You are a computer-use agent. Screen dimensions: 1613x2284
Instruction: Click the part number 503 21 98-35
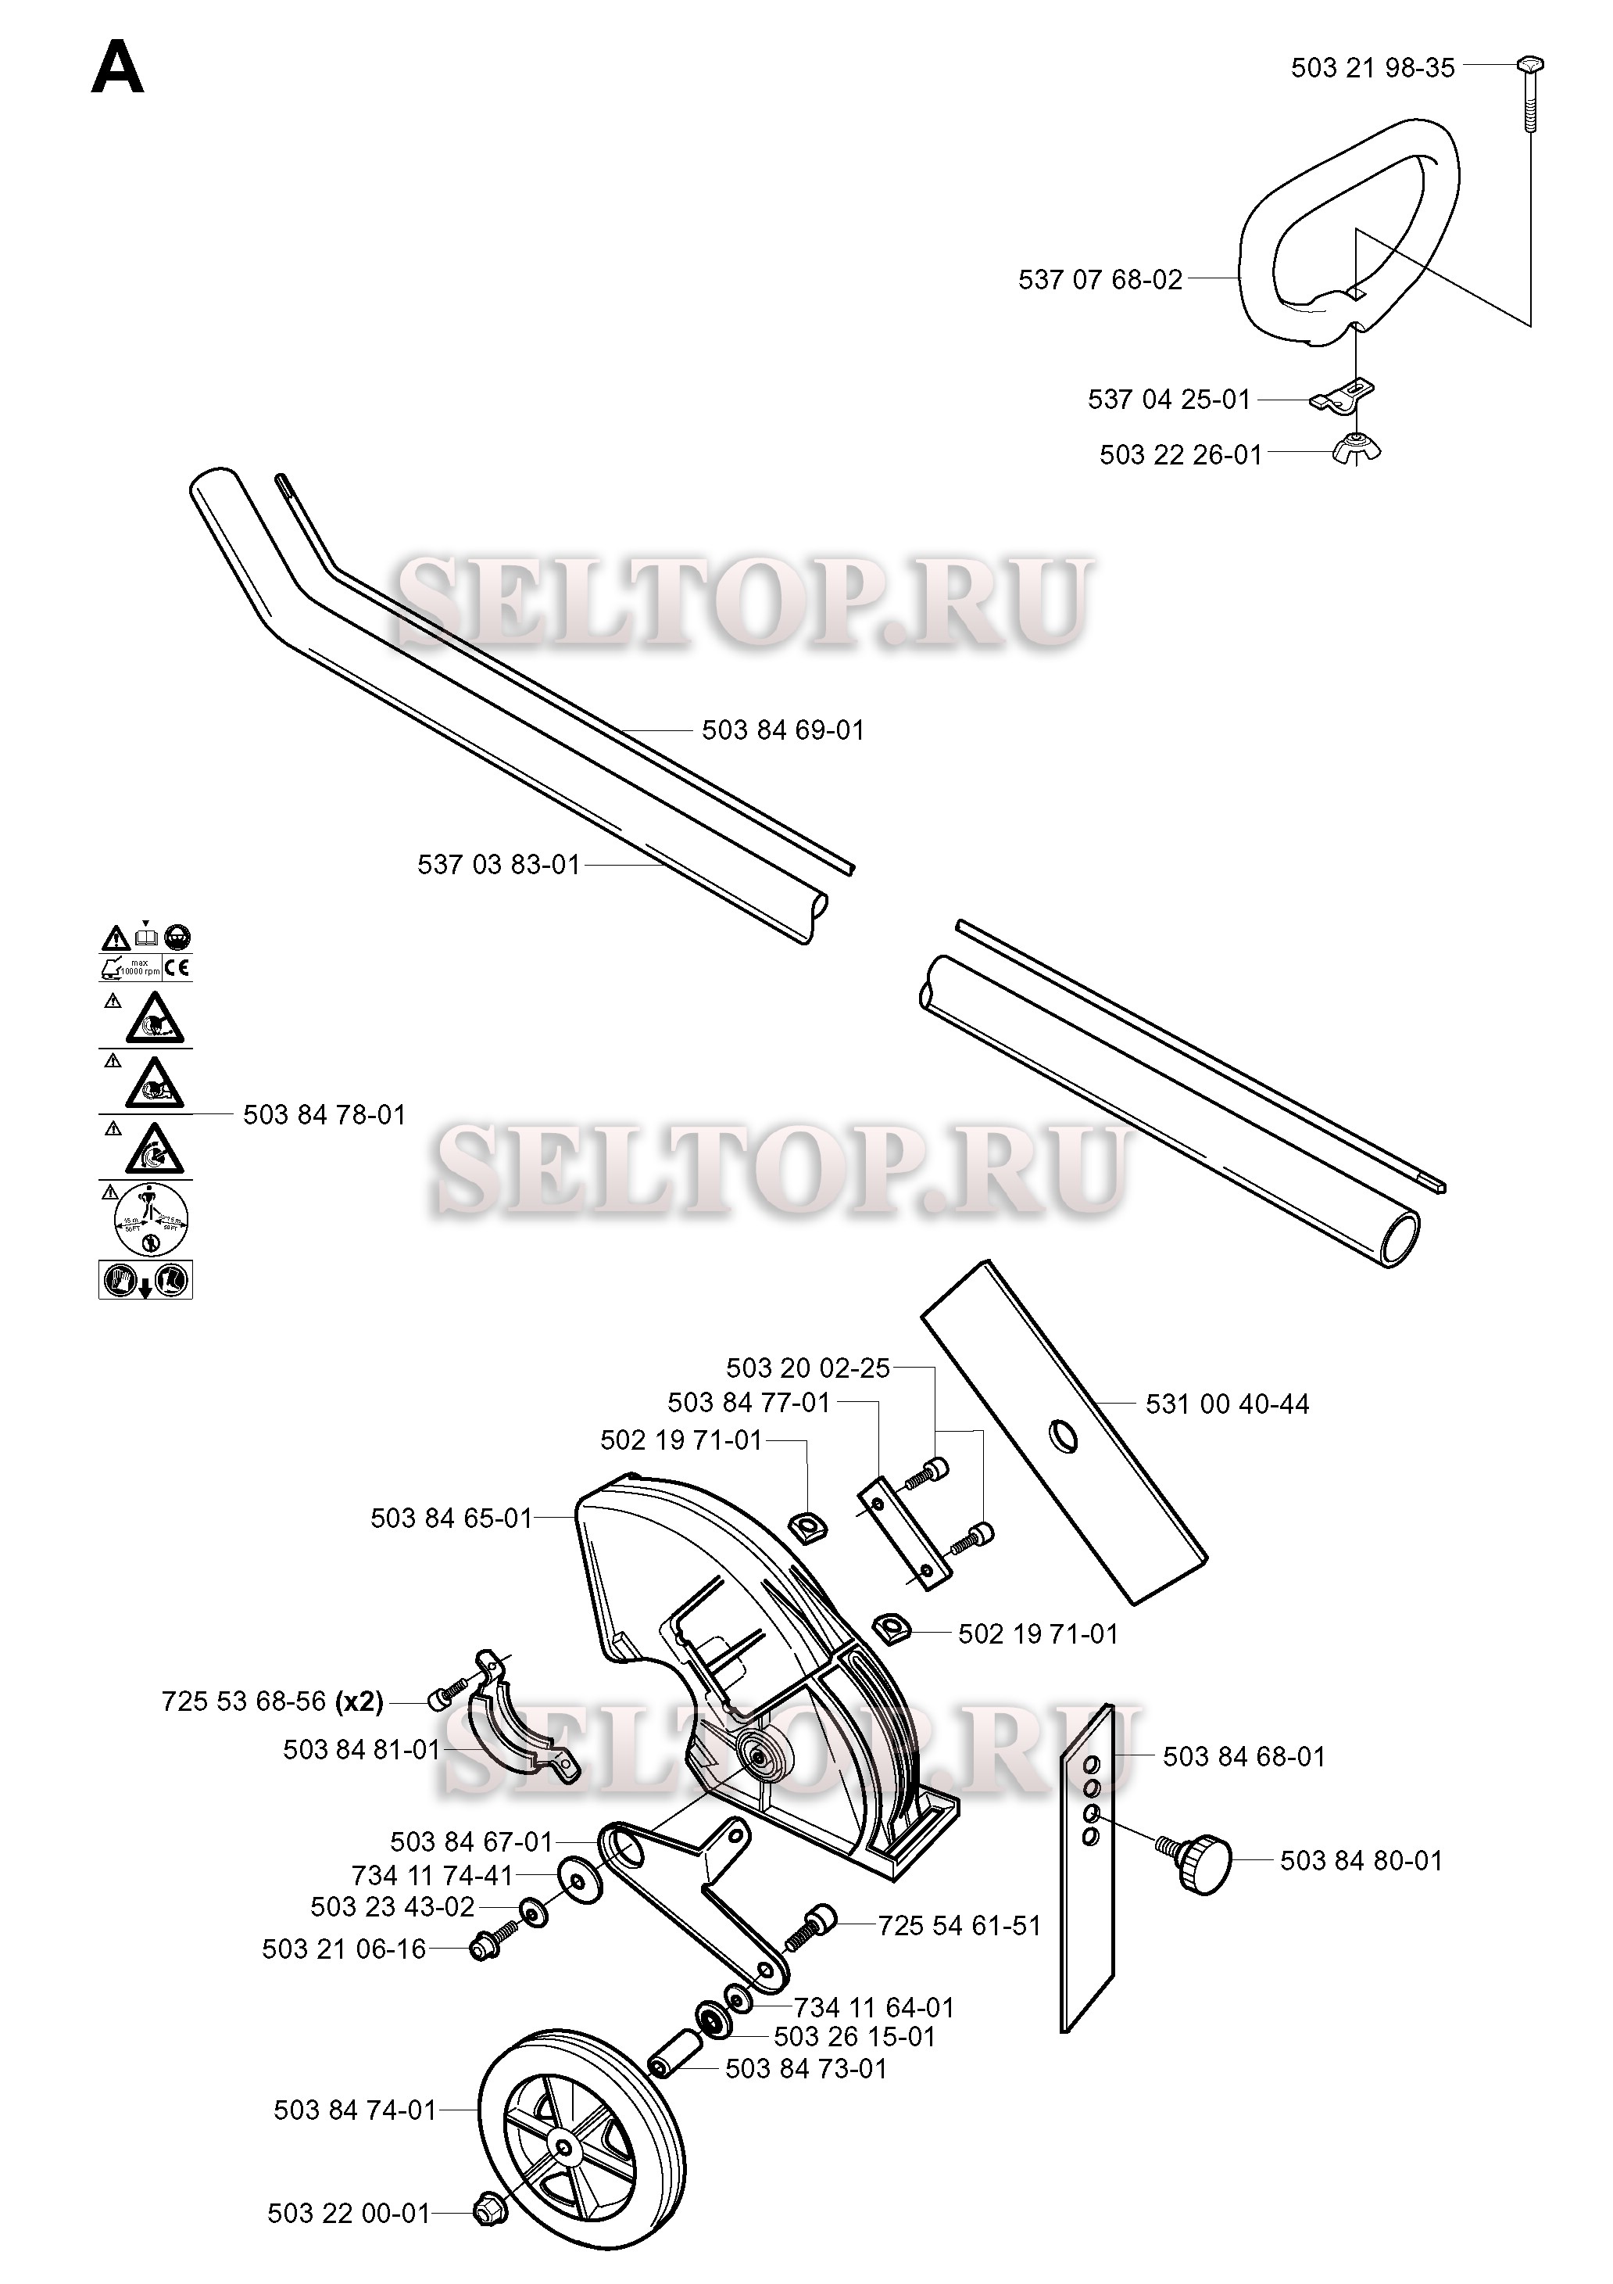[1372, 68]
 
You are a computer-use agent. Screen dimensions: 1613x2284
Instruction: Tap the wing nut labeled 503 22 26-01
[1355, 450]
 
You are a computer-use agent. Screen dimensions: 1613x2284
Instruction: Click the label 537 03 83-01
[499, 865]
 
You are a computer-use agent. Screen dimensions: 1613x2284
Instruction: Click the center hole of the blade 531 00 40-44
[1063, 1436]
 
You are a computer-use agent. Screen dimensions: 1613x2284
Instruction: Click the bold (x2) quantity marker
[359, 1702]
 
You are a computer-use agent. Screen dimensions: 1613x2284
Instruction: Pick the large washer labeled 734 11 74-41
[581, 1878]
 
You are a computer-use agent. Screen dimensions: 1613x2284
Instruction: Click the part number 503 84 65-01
[452, 1519]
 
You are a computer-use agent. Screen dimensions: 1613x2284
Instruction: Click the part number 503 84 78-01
[324, 1115]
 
